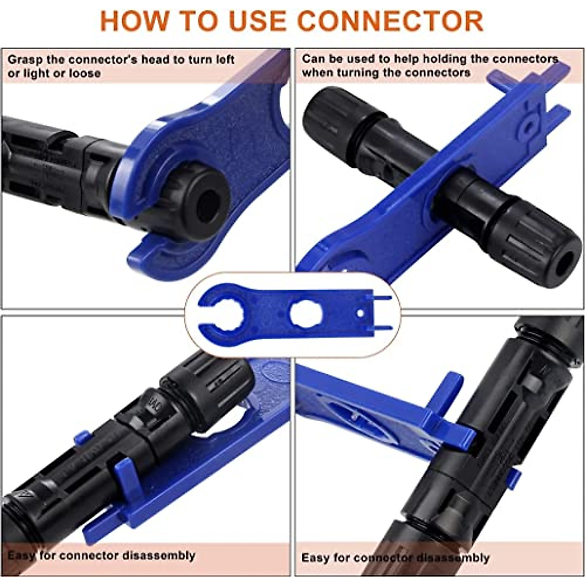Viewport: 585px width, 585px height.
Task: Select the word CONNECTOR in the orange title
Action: click(390, 20)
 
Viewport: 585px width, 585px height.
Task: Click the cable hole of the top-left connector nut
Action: click(210, 200)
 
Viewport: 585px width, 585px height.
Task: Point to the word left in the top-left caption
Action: click(225, 60)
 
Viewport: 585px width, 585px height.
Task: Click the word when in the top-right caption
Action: click(315, 73)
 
